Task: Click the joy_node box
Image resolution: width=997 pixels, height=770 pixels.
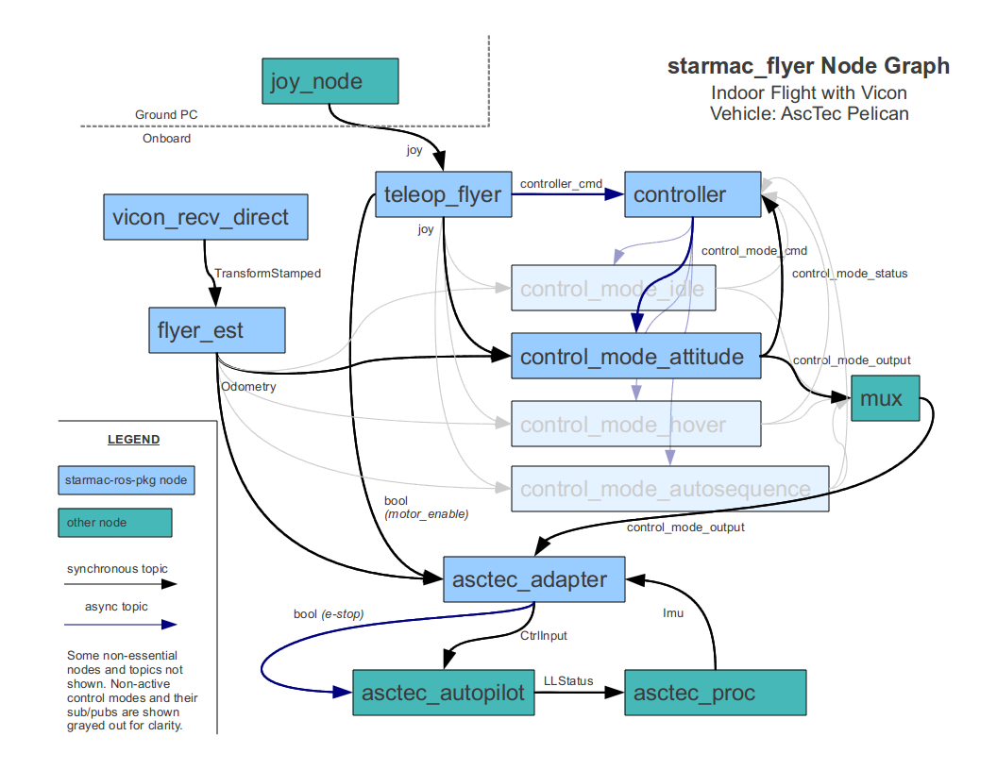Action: click(x=330, y=81)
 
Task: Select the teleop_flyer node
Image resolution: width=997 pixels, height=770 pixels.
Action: click(x=443, y=195)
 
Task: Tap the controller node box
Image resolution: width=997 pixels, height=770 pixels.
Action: click(x=692, y=195)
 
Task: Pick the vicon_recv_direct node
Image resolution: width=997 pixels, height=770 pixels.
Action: click(x=205, y=218)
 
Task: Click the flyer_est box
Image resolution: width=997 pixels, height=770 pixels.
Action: click(x=216, y=330)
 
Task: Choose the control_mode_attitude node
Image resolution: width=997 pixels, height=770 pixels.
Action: click(x=635, y=357)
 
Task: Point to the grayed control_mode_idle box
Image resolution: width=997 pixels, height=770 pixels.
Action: click(x=613, y=288)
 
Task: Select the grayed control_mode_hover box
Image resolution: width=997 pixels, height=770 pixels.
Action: click(x=635, y=425)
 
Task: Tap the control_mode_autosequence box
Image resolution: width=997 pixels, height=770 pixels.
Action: click(x=669, y=489)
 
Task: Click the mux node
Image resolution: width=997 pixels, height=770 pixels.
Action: click(x=885, y=398)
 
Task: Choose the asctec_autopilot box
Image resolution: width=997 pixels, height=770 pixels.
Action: click(x=443, y=693)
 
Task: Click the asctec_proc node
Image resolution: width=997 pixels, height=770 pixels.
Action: click(x=715, y=693)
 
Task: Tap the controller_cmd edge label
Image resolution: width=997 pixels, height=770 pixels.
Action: click(x=561, y=182)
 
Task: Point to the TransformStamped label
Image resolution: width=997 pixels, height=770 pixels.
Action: click(x=267, y=274)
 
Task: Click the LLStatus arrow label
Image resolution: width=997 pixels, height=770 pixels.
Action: click(x=568, y=680)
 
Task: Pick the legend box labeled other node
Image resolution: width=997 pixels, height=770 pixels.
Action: click(x=114, y=522)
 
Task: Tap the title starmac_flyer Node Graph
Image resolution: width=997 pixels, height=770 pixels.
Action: click(x=808, y=66)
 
